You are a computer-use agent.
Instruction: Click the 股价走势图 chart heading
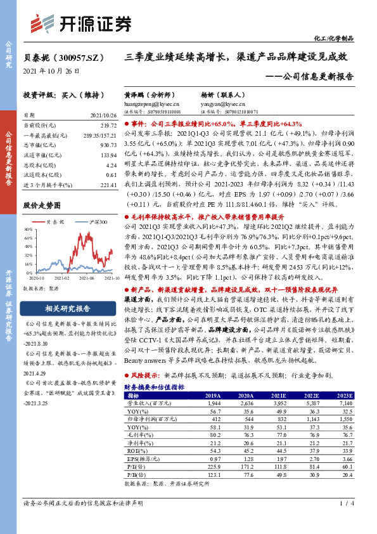pyautogui.click(x=42, y=205)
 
